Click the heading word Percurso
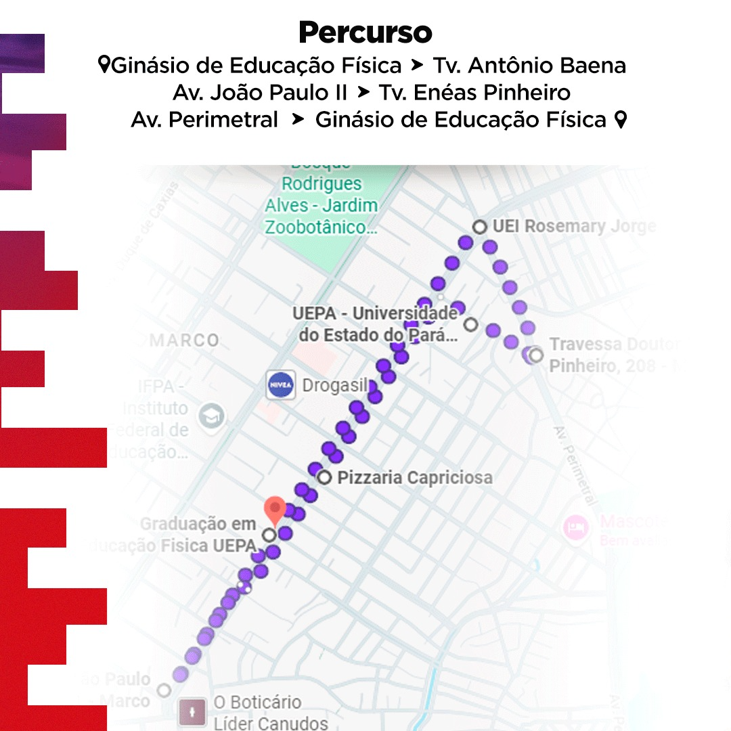coord(365,32)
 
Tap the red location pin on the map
coord(274,509)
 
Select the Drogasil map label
coord(334,386)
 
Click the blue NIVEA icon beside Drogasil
coord(281,385)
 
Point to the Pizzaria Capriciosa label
coord(415,478)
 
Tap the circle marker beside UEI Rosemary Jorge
coord(480,227)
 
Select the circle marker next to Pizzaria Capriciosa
coord(325,478)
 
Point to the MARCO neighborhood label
coord(184,340)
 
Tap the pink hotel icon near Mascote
coord(577,525)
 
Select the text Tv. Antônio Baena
coord(529,66)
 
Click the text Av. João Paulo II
coord(259,93)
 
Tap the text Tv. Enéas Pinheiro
coord(474,93)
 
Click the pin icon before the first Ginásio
coord(104,66)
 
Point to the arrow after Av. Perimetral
coord(296,120)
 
